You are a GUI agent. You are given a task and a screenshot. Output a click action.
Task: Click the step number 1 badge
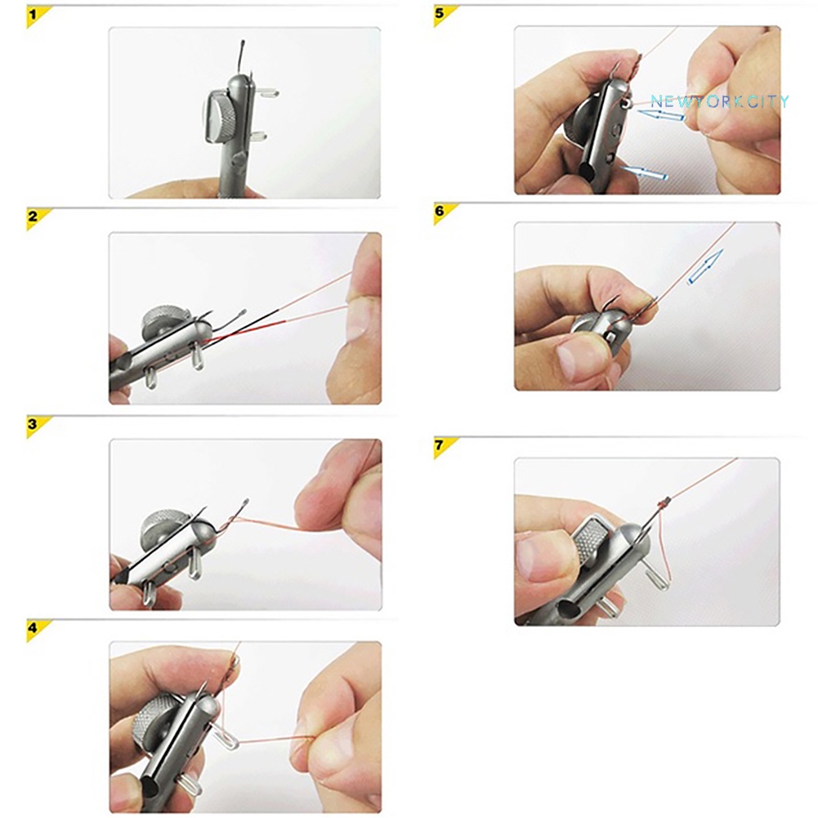tap(34, 15)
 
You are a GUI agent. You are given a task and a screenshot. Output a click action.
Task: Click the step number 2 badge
tap(34, 217)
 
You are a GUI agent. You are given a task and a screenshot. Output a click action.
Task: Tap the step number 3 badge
tap(34, 424)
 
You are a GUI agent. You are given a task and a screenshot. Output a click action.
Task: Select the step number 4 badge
tap(34, 628)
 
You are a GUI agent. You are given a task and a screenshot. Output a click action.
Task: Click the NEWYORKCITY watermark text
tap(719, 101)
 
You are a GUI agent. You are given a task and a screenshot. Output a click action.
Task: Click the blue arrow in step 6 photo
tap(704, 267)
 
